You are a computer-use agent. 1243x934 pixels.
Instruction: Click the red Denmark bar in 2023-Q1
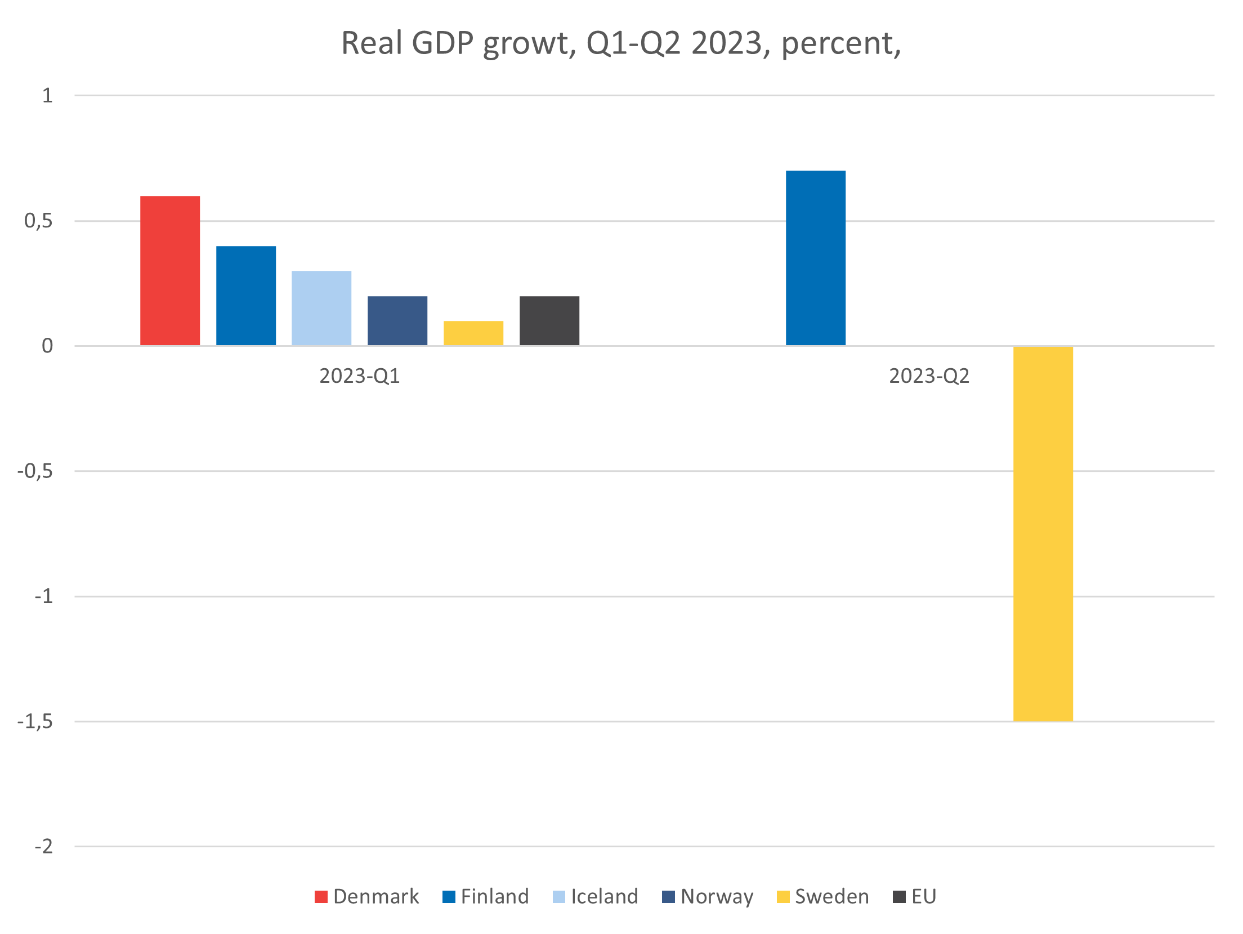pyautogui.click(x=170, y=271)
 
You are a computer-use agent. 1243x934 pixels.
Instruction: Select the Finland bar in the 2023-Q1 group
pyautogui.click(x=246, y=296)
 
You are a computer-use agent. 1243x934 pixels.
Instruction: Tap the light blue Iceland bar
pyautogui.click(x=321, y=308)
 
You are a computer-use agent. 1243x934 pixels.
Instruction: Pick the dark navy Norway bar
pyautogui.click(x=397, y=320)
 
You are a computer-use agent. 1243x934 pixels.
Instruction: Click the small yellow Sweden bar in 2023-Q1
pyautogui.click(x=473, y=333)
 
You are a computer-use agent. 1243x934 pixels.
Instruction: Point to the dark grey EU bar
pyautogui.click(x=549, y=320)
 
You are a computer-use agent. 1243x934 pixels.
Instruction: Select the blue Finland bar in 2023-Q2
pyautogui.click(x=816, y=258)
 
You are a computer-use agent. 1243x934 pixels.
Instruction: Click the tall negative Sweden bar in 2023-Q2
pyautogui.click(x=1043, y=533)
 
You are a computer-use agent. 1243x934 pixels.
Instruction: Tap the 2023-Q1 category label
pyautogui.click(x=360, y=376)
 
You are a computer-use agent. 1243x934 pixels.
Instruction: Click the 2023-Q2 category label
pyautogui.click(x=929, y=376)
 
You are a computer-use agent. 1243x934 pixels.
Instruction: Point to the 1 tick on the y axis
pyautogui.click(x=47, y=96)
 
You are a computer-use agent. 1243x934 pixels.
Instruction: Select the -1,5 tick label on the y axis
pyautogui.click(x=35, y=721)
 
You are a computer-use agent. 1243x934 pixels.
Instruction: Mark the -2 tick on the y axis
pyautogui.click(x=44, y=846)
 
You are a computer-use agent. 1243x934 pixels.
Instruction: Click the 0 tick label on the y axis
pyautogui.click(x=47, y=346)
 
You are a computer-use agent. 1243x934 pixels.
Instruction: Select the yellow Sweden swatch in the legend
pyautogui.click(x=783, y=897)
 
